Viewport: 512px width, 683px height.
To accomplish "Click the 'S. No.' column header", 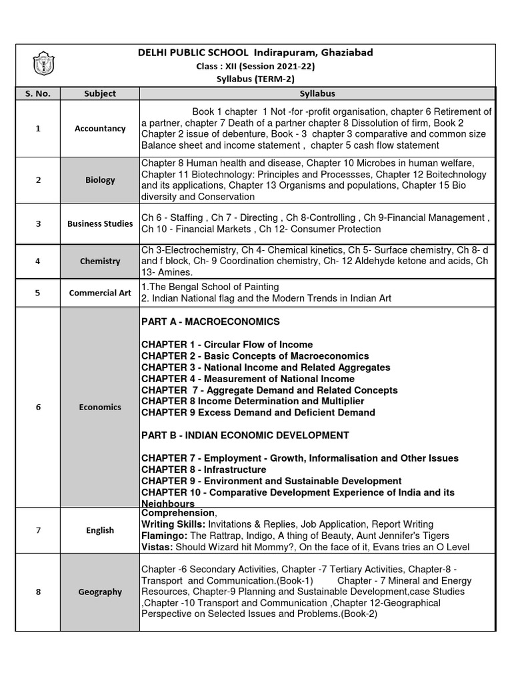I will coord(38,94).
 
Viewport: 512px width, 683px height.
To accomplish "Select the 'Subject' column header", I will coord(100,94).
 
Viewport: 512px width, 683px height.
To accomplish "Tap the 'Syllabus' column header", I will coord(317,94).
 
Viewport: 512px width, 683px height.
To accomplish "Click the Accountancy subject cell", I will coord(100,129).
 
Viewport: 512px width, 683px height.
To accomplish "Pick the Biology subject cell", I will coord(100,180).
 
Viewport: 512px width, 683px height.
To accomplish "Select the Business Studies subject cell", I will coord(100,224).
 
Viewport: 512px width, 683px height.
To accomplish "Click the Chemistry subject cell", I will coord(100,261).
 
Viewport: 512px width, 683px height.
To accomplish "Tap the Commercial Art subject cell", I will coord(100,293).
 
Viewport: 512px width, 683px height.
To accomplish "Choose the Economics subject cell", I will coord(100,407).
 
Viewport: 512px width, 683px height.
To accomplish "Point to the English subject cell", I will coord(100,530).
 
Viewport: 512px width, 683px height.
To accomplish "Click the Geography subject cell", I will coord(100,592).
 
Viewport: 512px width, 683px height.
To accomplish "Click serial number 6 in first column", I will coord(38,407).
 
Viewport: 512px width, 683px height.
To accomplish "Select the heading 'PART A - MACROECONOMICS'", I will coord(211,322).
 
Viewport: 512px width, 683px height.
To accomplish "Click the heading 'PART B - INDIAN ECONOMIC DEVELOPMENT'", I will coord(245,436).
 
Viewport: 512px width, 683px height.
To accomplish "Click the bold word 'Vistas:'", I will coord(157,547).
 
